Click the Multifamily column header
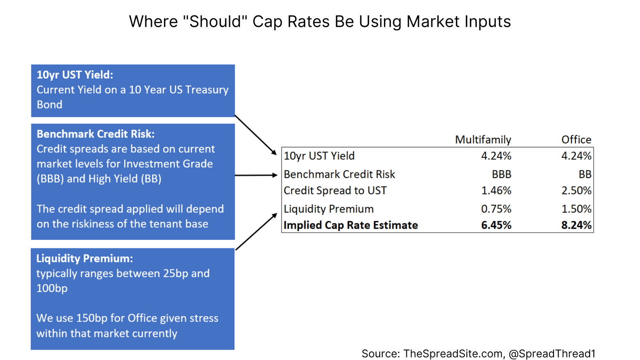pyautogui.click(x=483, y=140)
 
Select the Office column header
pyautogui.click(x=576, y=140)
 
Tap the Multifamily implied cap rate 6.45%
pyautogui.click(x=496, y=225)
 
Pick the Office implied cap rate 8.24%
pyautogui.click(x=576, y=225)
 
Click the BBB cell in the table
pyautogui.click(x=501, y=174)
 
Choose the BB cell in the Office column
pyautogui.click(x=585, y=174)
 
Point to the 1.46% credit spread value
pyautogui.click(x=496, y=191)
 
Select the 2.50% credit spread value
pyautogui.click(x=576, y=191)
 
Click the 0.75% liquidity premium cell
pyautogui.click(x=496, y=209)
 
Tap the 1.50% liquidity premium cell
pyautogui.click(x=576, y=209)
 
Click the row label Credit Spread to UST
pyautogui.click(x=335, y=191)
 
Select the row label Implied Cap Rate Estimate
pyautogui.click(x=350, y=225)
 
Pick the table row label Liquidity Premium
pyautogui.click(x=328, y=209)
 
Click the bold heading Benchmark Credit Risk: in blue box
pyautogui.click(x=96, y=134)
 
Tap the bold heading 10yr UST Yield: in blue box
pyautogui.click(x=75, y=75)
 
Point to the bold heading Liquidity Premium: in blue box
pyautogui.click(x=84, y=258)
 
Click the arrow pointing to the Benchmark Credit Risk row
pyautogui.click(x=256, y=175)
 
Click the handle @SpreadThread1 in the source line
pyautogui.click(x=552, y=354)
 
